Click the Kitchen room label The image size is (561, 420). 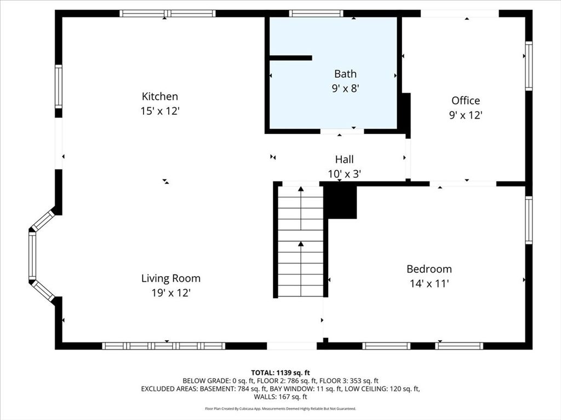click(x=160, y=96)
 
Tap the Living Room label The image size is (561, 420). click(x=171, y=278)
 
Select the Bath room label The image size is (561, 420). click(x=345, y=74)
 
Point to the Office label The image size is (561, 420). click(x=466, y=101)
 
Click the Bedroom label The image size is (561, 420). click(x=429, y=269)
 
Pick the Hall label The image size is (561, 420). click(x=344, y=159)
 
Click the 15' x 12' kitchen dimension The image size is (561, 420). click(x=159, y=111)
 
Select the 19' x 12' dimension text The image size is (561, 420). click(x=171, y=293)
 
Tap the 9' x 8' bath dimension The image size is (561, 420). click(x=345, y=88)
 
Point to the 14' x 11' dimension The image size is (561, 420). click(x=429, y=284)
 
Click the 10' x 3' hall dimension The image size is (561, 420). click(x=344, y=174)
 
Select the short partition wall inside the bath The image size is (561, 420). click(x=290, y=58)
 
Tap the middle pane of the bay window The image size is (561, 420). click(x=32, y=256)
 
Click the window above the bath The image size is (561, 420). click(x=316, y=14)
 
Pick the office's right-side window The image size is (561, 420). click(x=529, y=66)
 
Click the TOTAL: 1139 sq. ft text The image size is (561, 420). click(x=280, y=373)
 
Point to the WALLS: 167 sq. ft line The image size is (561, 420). click(x=280, y=397)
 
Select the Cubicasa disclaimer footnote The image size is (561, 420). click(x=280, y=409)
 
